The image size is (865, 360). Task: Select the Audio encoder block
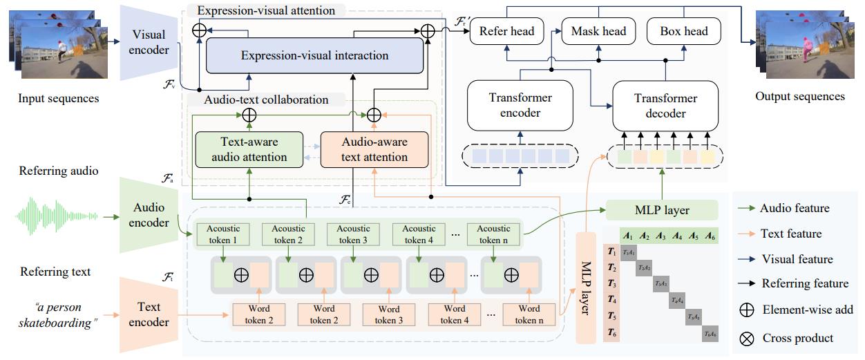coord(149,214)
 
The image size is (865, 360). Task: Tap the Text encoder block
coord(149,314)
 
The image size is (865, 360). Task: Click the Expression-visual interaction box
coord(314,55)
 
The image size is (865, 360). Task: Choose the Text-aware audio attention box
coord(249,149)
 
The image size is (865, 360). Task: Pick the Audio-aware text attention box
coord(374,149)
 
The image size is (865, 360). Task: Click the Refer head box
coord(506,31)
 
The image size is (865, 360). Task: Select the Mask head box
coord(598,31)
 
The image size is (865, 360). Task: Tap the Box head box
coord(683,31)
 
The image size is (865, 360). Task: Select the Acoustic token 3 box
coord(353,234)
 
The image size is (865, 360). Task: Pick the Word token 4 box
coord(454,314)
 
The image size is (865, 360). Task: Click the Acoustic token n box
coord(493,234)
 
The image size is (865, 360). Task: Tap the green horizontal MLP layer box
coord(661,210)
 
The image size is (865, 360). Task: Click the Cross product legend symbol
coord(746,339)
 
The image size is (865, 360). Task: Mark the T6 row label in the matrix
coord(611,333)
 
